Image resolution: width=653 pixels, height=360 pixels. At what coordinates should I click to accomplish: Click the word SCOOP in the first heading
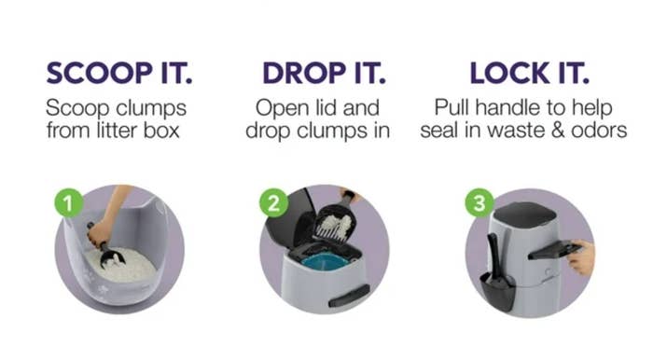pos(99,74)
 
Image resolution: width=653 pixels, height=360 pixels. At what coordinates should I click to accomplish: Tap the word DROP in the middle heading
pos(304,74)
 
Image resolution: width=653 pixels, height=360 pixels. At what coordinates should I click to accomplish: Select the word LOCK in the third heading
pos(509,74)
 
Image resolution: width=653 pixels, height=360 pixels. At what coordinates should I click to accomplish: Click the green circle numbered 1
pos(69,202)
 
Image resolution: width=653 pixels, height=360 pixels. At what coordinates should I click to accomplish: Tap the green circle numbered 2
pos(273,202)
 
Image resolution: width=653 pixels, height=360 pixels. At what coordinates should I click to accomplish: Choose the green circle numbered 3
pos(479,202)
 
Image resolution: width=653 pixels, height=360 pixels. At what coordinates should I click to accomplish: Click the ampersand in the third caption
pos(558,131)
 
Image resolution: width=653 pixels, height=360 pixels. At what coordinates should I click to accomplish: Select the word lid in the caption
pos(325,108)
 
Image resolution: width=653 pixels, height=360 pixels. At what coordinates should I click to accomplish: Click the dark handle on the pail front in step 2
pos(349,297)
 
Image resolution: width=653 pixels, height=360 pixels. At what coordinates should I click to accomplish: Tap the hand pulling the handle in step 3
pos(583,257)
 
